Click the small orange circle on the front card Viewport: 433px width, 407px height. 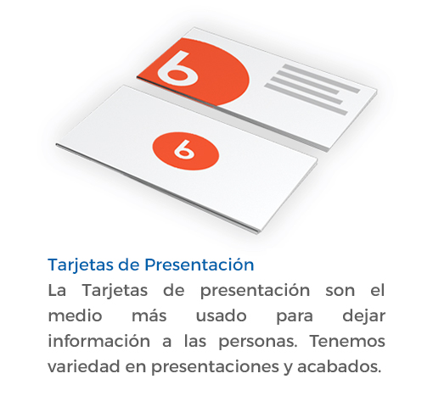tap(186, 151)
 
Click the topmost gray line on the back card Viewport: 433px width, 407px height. tap(321, 79)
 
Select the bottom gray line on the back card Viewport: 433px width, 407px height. tap(306, 99)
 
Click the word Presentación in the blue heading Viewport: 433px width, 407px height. tap(200, 265)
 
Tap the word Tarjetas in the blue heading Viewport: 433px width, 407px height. tap(81, 265)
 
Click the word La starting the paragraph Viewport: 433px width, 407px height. tap(57, 290)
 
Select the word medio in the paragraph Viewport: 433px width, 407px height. tap(75, 315)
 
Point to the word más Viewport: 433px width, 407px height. tap(149, 315)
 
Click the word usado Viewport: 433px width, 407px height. tap(222, 315)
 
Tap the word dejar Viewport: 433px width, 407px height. tap(363, 316)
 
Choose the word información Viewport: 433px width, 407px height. tap(99, 341)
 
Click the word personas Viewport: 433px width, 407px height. tap(258, 342)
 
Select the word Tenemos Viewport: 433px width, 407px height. tap(347, 341)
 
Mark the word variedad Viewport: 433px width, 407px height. tap(84, 366)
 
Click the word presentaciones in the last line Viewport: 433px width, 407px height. tap(215, 367)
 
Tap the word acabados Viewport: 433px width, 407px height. tap(339, 366)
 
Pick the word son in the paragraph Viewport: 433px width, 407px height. tap(340, 291)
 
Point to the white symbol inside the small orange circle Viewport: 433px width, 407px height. tap(184, 149)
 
